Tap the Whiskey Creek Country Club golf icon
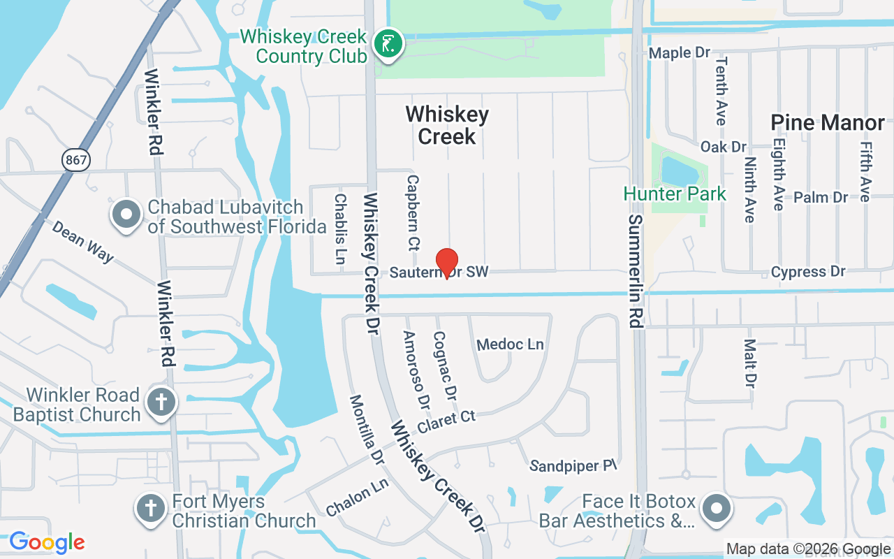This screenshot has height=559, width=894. tap(388, 45)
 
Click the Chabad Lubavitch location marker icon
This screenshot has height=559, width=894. tap(126, 215)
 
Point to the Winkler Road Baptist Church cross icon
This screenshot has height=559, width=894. tap(161, 402)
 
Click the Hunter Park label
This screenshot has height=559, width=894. tap(675, 194)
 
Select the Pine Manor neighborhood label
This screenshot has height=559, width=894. tap(828, 123)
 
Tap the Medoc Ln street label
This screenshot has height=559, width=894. tap(510, 344)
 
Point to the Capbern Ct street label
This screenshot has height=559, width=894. tap(413, 213)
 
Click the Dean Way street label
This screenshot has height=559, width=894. tap(82, 242)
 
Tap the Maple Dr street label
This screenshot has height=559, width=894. tap(680, 53)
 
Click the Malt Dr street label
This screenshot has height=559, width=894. tap(749, 363)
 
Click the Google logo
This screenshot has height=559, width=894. tap(47, 542)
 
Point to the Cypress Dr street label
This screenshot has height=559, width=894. tap(808, 272)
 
